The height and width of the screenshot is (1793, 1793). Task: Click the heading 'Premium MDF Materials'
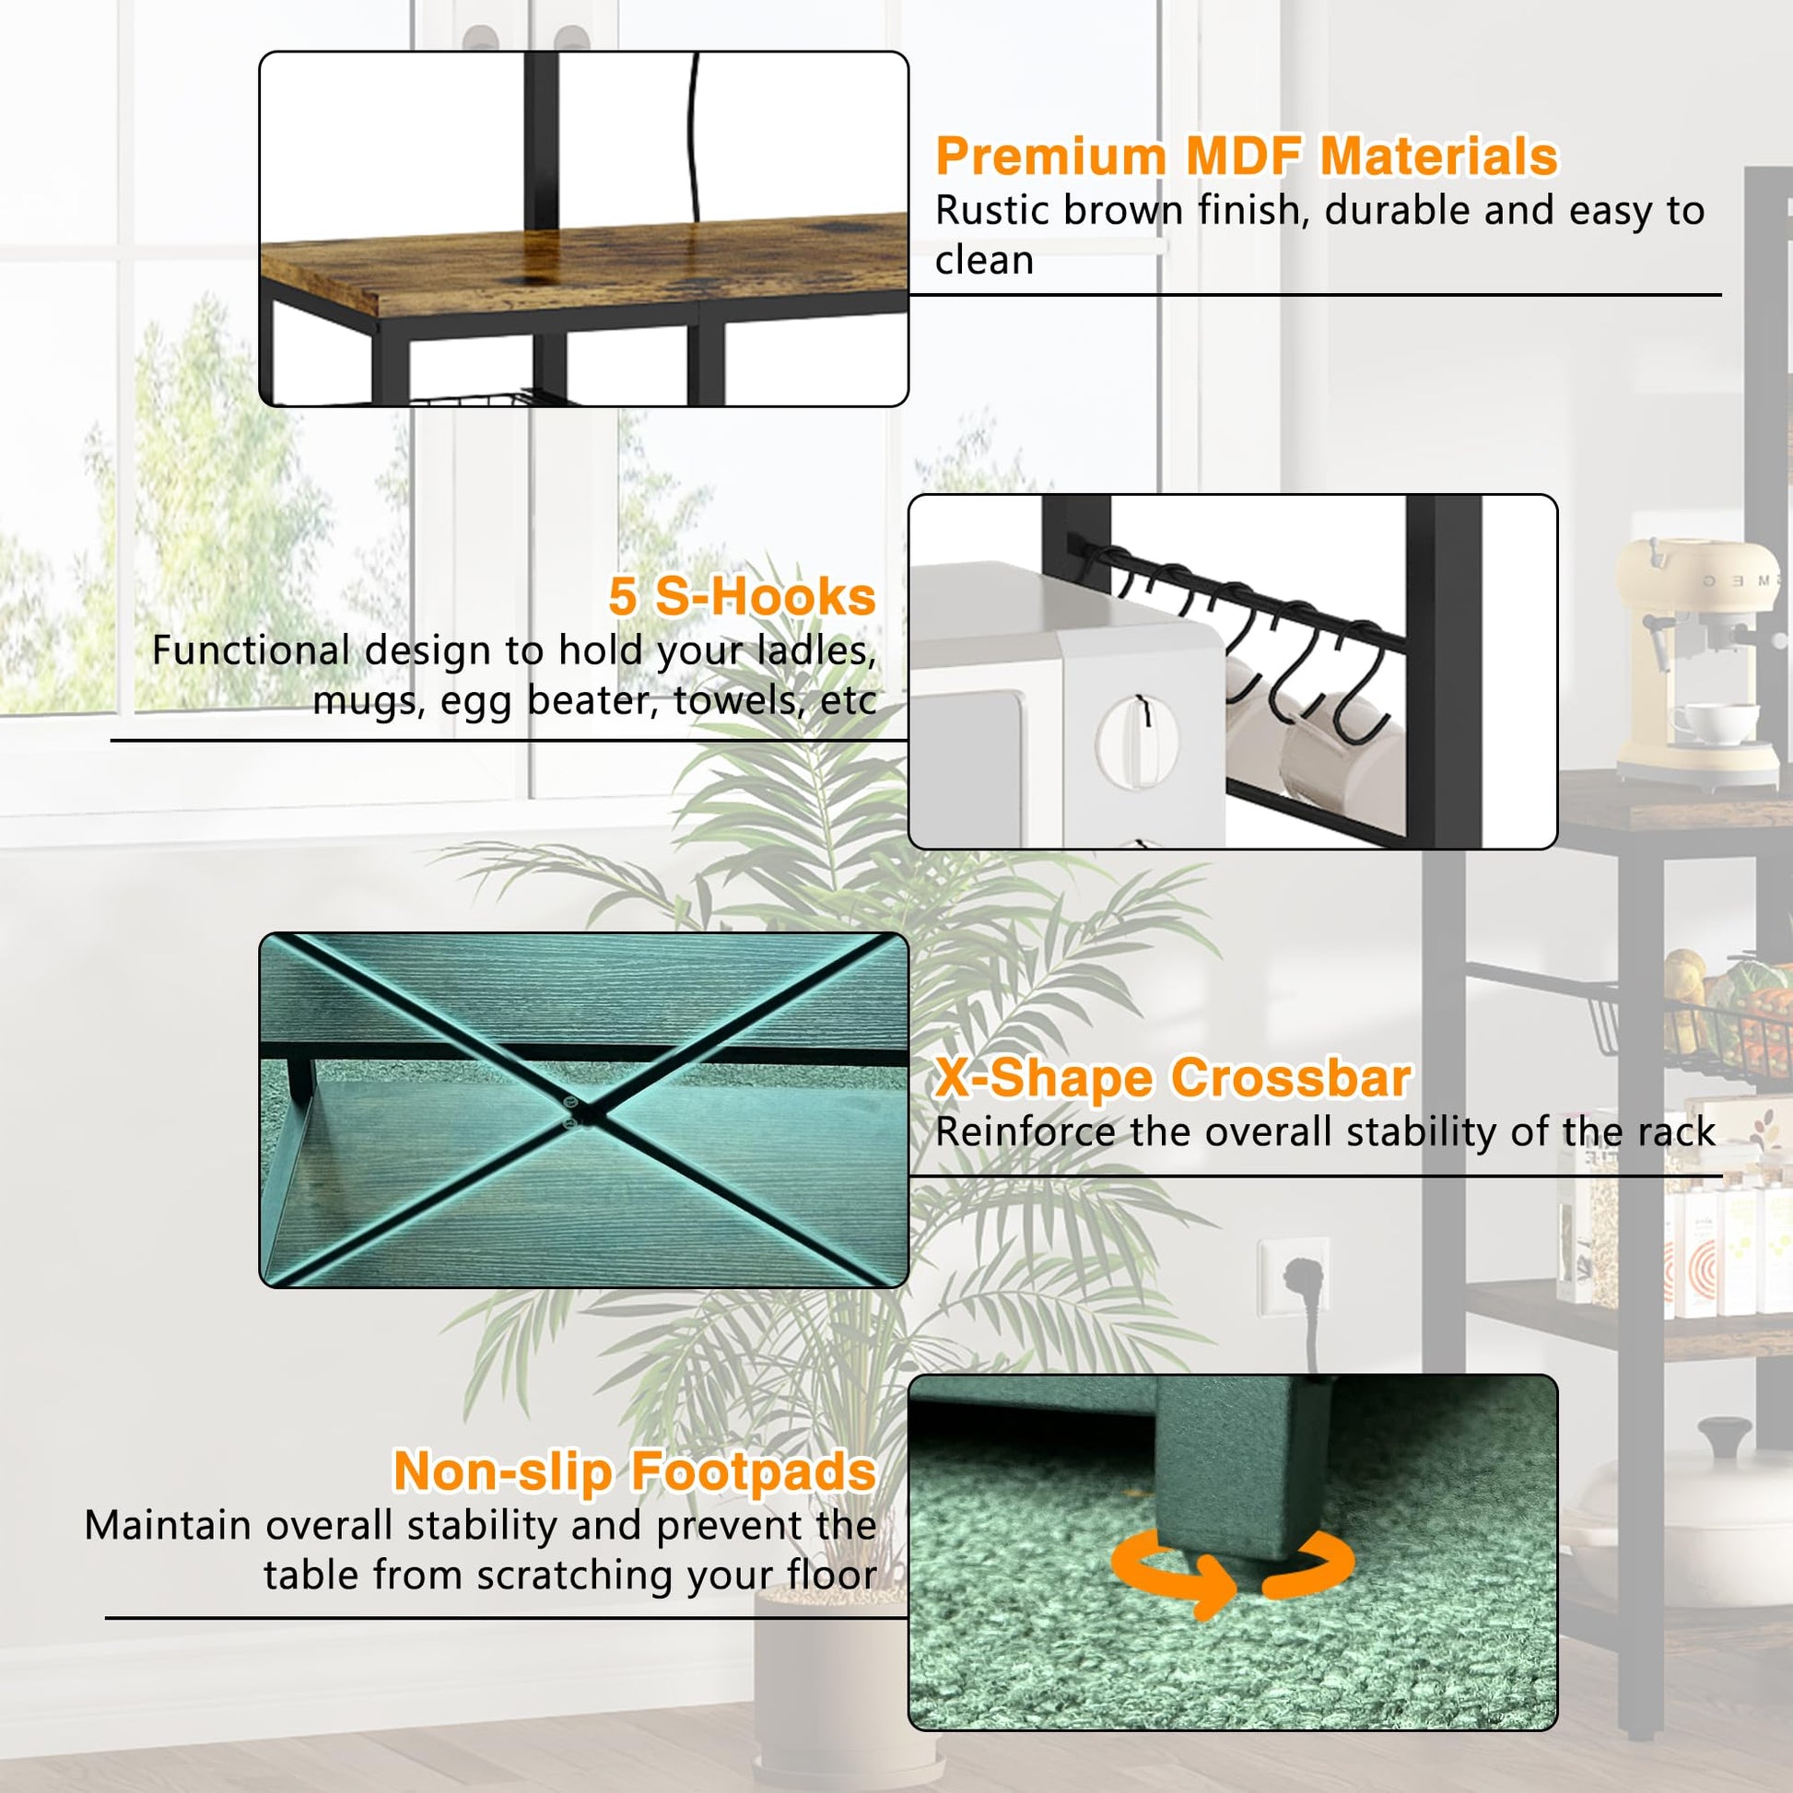1247,156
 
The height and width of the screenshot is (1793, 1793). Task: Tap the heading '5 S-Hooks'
743,596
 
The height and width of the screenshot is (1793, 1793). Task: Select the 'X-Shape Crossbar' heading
1173,1077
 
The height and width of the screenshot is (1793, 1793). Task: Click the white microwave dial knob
1138,741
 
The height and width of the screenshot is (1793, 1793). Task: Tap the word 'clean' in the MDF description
985,261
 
